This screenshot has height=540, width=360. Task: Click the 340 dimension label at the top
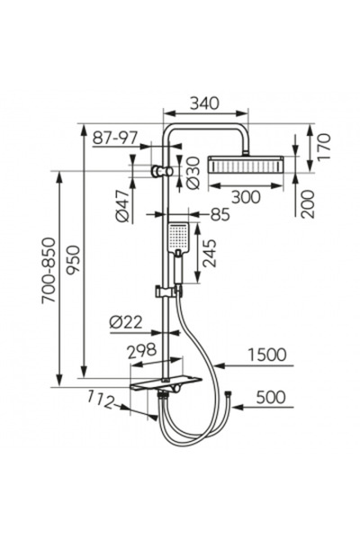point(204,103)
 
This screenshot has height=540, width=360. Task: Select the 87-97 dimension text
point(114,138)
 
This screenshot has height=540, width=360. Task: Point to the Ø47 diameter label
point(122,205)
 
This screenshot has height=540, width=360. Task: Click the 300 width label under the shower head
point(246,197)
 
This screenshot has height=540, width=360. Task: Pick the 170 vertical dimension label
point(323,147)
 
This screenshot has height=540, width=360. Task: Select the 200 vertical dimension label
point(308,204)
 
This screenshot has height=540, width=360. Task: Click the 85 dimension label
point(220,215)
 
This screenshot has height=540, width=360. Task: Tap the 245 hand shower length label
point(209,253)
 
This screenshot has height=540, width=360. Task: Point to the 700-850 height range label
point(49,270)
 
